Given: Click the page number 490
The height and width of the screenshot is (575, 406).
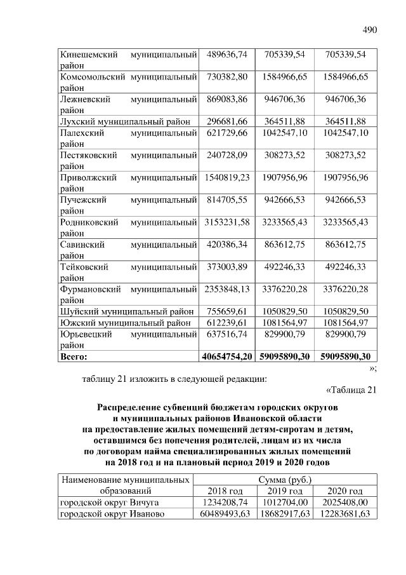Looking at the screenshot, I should click(370, 29).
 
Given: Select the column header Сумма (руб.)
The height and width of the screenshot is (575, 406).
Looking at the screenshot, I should click(285, 479).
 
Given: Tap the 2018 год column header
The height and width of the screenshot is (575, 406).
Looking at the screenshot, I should click(225, 491).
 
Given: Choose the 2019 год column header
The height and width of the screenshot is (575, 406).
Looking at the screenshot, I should click(285, 491).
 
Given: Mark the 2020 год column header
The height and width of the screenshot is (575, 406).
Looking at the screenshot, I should click(345, 491).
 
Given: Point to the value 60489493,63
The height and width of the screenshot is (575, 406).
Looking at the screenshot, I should click(225, 514).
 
